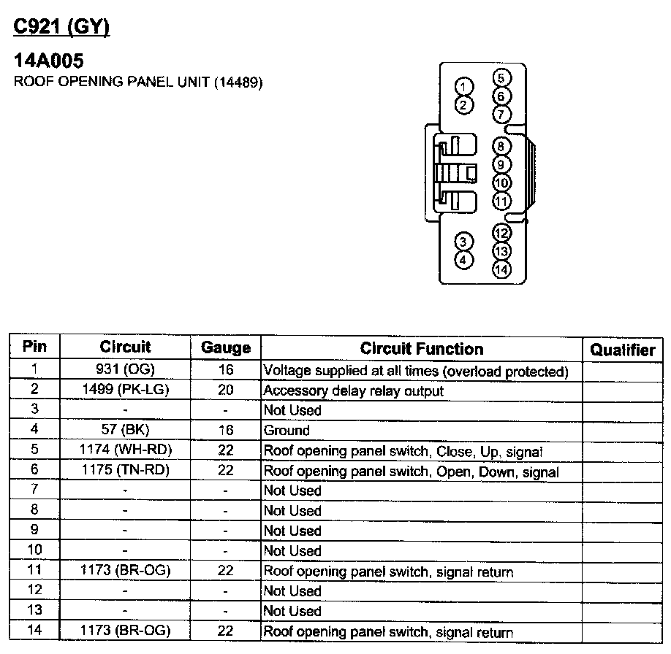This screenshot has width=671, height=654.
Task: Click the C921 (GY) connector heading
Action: pyautogui.click(x=61, y=28)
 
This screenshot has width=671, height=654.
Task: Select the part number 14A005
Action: pyautogui.click(x=49, y=61)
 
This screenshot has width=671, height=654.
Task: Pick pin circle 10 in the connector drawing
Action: pyautogui.click(x=501, y=183)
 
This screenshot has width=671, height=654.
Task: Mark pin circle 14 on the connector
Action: pyautogui.click(x=501, y=269)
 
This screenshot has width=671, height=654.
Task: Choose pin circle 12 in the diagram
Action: pyautogui.click(x=501, y=234)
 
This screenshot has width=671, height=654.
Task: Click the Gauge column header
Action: pyautogui.click(x=225, y=348)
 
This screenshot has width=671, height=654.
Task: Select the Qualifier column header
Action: pyautogui.click(x=623, y=350)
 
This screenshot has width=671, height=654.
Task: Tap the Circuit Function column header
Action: pyautogui.click(x=422, y=349)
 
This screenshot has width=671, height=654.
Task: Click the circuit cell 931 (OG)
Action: pyautogui.click(x=126, y=370)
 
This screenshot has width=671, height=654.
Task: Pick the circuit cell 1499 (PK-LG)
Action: pyautogui.click(x=126, y=390)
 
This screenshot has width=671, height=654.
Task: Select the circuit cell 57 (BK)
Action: pyautogui.click(x=126, y=430)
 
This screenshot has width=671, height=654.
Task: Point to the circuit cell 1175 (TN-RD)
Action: pyautogui.click(x=126, y=471)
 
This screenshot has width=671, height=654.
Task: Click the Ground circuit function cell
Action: pyautogui.click(x=287, y=431)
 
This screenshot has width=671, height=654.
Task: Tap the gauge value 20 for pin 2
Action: pyautogui.click(x=225, y=390)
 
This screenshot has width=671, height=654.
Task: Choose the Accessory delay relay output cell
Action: pyautogui.click(x=353, y=391)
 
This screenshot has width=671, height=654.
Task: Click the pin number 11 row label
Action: pyautogui.click(x=34, y=571)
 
